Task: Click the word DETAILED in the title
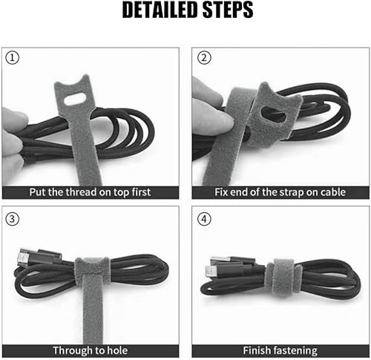154,12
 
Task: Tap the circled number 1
12,59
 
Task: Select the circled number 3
12,219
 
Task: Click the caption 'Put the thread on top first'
90,192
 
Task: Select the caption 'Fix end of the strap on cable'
280,192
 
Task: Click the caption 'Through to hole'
90,350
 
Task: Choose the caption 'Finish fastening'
280,350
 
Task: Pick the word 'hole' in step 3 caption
114,350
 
